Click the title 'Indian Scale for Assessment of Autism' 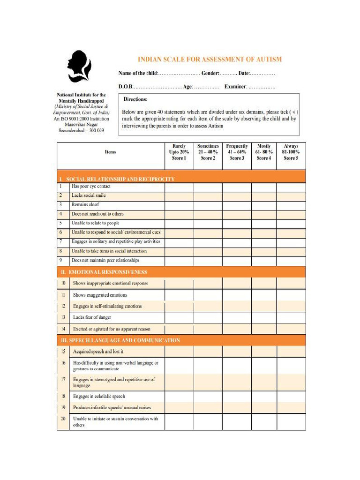pyautogui.click(x=210, y=60)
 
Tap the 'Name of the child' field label pyautogui.click(x=138, y=74)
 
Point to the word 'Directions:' pyautogui.click(x=135, y=99)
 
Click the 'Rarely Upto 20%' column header pyautogui.click(x=179, y=152)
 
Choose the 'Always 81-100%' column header pyautogui.click(x=291, y=152)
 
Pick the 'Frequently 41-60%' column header pyautogui.click(x=237, y=152)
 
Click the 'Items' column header pyautogui.click(x=111, y=152)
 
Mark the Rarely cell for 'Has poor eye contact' pyautogui.click(x=179, y=187)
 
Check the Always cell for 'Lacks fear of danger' pyautogui.click(x=291, y=318)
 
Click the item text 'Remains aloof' pyautogui.click(x=85, y=205)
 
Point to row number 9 pyautogui.click(x=60, y=260)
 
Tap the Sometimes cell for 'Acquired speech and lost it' pyautogui.click(x=208, y=352)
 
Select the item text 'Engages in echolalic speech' pyautogui.click(x=99, y=397)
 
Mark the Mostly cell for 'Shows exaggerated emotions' pyautogui.click(x=263, y=295)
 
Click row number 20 pyautogui.click(x=63, y=419)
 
